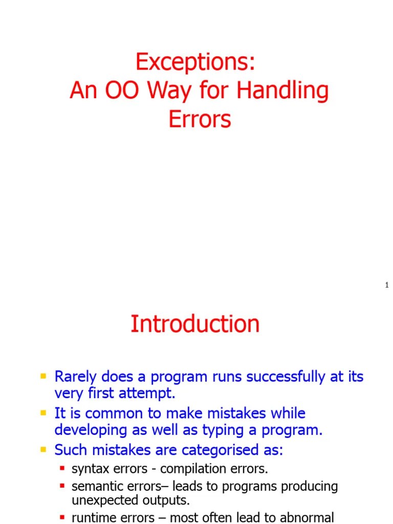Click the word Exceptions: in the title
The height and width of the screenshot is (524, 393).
[x=195, y=62]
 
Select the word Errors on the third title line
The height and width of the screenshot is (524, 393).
[x=200, y=119]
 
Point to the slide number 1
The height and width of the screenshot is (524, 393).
[x=387, y=285]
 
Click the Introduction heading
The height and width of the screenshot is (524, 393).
[x=195, y=324]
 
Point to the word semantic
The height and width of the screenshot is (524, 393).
[x=92, y=486]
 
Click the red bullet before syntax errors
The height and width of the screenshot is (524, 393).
[x=62, y=468]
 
